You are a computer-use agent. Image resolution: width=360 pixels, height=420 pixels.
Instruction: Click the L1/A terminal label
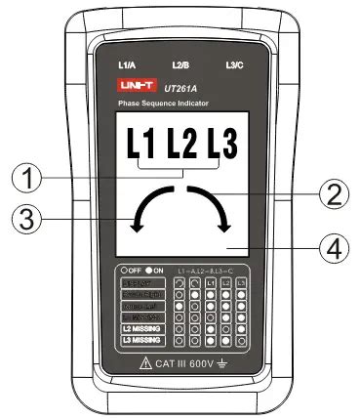click(126, 65)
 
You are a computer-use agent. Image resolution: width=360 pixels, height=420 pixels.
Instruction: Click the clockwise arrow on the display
click(213, 205)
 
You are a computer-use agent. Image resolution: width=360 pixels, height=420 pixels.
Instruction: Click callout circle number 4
click(336, 248)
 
